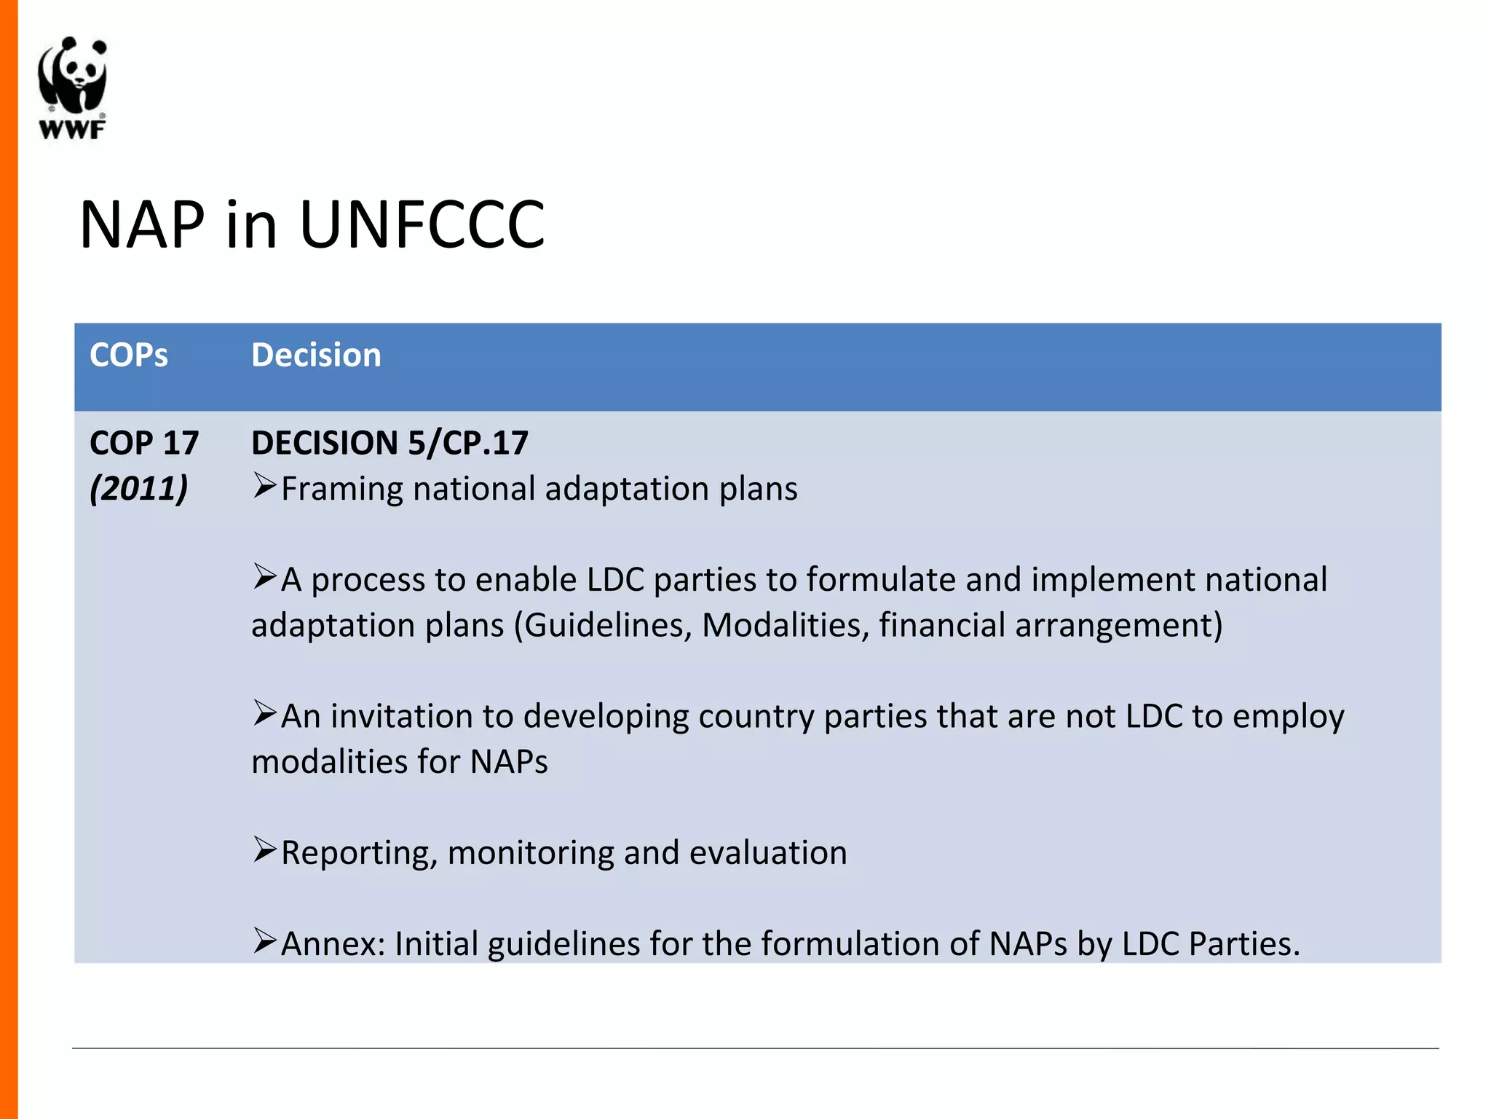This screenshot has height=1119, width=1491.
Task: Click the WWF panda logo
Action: [72, 87]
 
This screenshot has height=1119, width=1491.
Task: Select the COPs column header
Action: [128, 356]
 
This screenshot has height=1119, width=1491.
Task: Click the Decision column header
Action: [316, 356]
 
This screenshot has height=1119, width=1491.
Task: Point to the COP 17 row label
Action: [143, 443]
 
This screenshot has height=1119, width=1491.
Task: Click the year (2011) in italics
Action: [138, 488]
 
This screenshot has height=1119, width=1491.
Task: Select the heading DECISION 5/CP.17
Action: [389, 443]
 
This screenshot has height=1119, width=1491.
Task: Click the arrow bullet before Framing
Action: [264, 485]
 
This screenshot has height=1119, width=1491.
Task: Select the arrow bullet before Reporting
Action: [264, 849]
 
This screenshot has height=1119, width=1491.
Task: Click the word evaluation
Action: [768, 853]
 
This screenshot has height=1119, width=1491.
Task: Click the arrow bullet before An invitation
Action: [264, 712]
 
